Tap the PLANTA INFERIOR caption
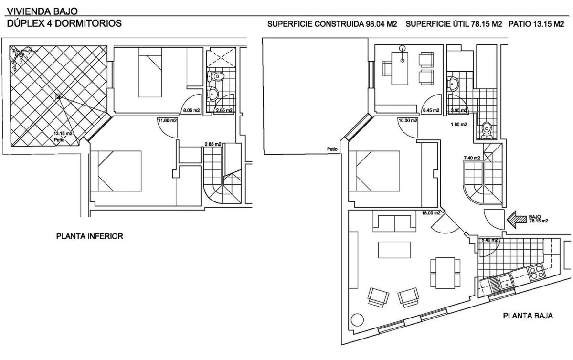coord(90,236)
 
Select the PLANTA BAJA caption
coord(528,316)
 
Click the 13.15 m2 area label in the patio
coord(63,133)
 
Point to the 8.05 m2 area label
coord(191,111)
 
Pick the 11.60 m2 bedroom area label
coord(167,120)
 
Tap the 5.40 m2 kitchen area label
coord(489,240)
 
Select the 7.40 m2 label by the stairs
coord(472,158)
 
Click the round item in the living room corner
coord(357,320)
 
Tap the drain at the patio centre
coord(59,96)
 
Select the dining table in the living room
coord(445,273)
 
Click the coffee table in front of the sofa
coord(394,250)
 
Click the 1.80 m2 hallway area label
coord(459,124)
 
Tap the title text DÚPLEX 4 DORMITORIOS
coord(64,23)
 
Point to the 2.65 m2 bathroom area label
coord(224,111)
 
